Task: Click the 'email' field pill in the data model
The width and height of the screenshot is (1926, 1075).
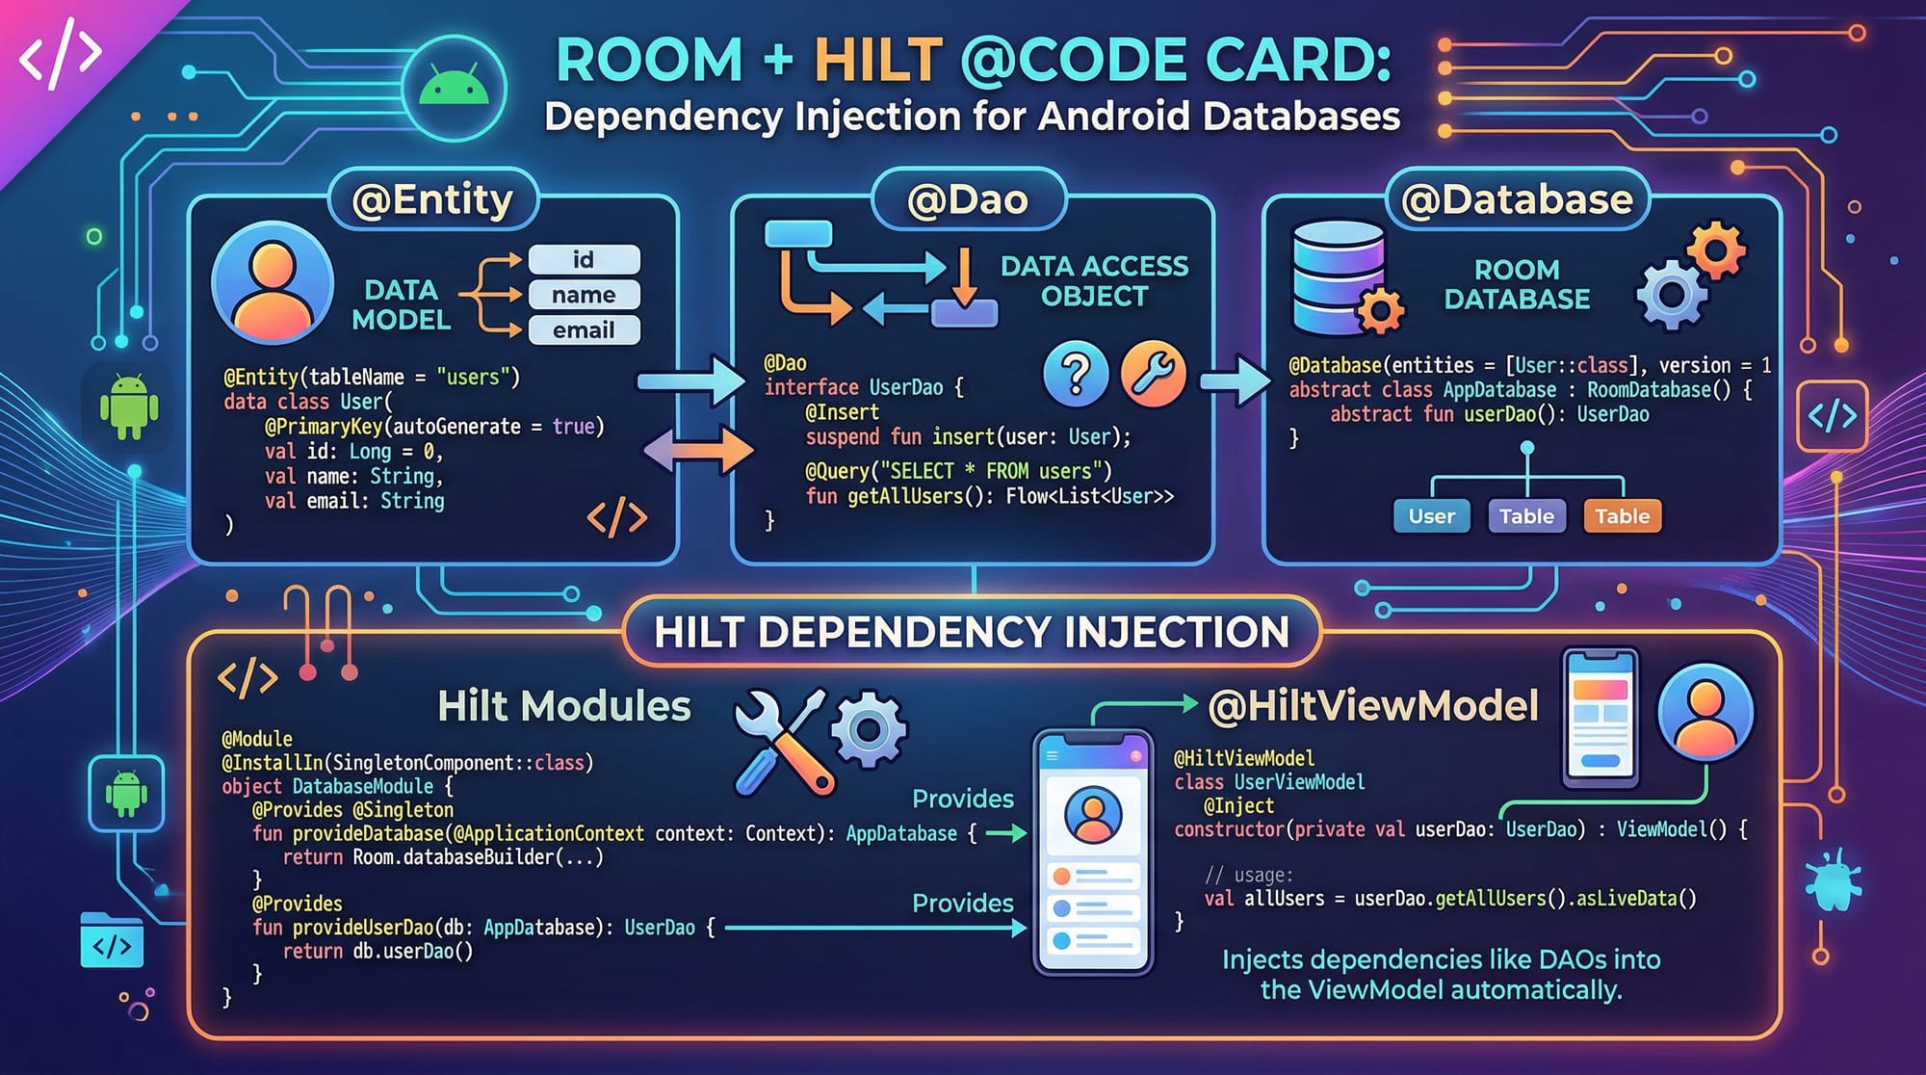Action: pyautogui.click(x=584, y=330)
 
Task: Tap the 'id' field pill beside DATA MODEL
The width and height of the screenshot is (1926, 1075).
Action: pyautogui.click(x=584, y=259)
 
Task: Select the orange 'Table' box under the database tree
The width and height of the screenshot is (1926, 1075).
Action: pyautogui.click(x=1623, y=516)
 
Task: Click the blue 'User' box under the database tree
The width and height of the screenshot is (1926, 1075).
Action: pyautogui.click(x=1431, y=516)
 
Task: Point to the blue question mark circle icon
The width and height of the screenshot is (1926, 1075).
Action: pyautogui.click(x=1076, y=373)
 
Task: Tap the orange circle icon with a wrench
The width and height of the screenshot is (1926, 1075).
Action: pyautogui.click(x=1153, y=373)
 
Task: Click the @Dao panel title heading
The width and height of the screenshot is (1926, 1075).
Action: pyautogui.click(x=968, y=199)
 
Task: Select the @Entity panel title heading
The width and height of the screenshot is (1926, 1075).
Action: pyautogui.click(x=432, y=199)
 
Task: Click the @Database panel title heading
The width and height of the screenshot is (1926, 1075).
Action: pyautogui.click(x=1517, y=199)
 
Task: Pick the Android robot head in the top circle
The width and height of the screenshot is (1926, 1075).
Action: pyautogui.click(x=454, y=89)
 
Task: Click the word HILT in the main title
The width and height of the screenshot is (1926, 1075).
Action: pyautogui.click(x=878, y=60)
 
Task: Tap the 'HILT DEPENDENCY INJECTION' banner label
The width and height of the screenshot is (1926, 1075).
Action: pyautogui.click(x=971, y=632)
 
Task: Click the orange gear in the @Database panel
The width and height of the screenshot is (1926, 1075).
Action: pyautogui.click(x=1716, y=250)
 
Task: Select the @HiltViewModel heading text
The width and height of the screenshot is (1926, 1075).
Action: pyautogui.click(x=1373, y=706)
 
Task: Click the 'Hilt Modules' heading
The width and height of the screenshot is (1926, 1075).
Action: pyautogui.click(x=564, y=706)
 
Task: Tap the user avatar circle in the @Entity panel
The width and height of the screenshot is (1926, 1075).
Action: pyautogui.click(x=273, y=282)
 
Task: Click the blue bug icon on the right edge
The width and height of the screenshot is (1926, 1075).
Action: pyautogui.click(x=1833, y=879)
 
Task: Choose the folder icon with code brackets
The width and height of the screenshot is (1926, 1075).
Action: pyautogui.click(x=112, y=941)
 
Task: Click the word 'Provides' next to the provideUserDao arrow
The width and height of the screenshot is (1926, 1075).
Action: pyautogui.click(x=962, y=903)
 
